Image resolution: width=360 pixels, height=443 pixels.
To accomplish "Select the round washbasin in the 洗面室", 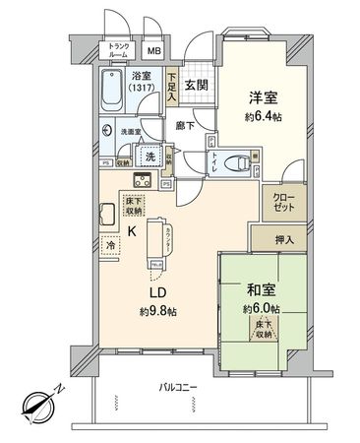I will pyautogui.click(x=107, y=130).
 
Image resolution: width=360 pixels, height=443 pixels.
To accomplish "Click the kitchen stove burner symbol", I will pyautogui.click(x=142, y=180).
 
